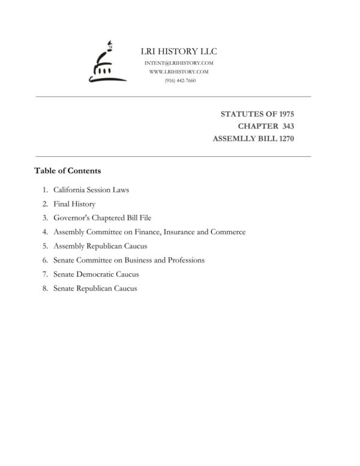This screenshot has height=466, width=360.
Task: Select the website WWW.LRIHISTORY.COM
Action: pyautogui.click(x=178, y=71)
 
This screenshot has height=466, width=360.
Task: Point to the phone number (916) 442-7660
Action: pyautogui.click(x=179, y=80)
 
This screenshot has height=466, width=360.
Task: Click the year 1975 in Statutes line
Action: pyautogui.click(x=284, y=113)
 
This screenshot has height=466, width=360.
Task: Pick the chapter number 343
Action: pyautogui.click(x=285, y=126)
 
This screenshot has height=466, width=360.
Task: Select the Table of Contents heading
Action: pyautogui.click(x=68, y=171)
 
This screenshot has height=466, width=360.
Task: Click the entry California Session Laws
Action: pyautogui.click(x=91, y=190)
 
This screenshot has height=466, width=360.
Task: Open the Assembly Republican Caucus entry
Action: pyautogui.click(x=100, y=246)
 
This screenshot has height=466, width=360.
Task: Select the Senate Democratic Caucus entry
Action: pyautogui.click(x=96, y=274)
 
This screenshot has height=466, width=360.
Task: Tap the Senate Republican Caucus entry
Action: pyautogui.click(x=95, y=288)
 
